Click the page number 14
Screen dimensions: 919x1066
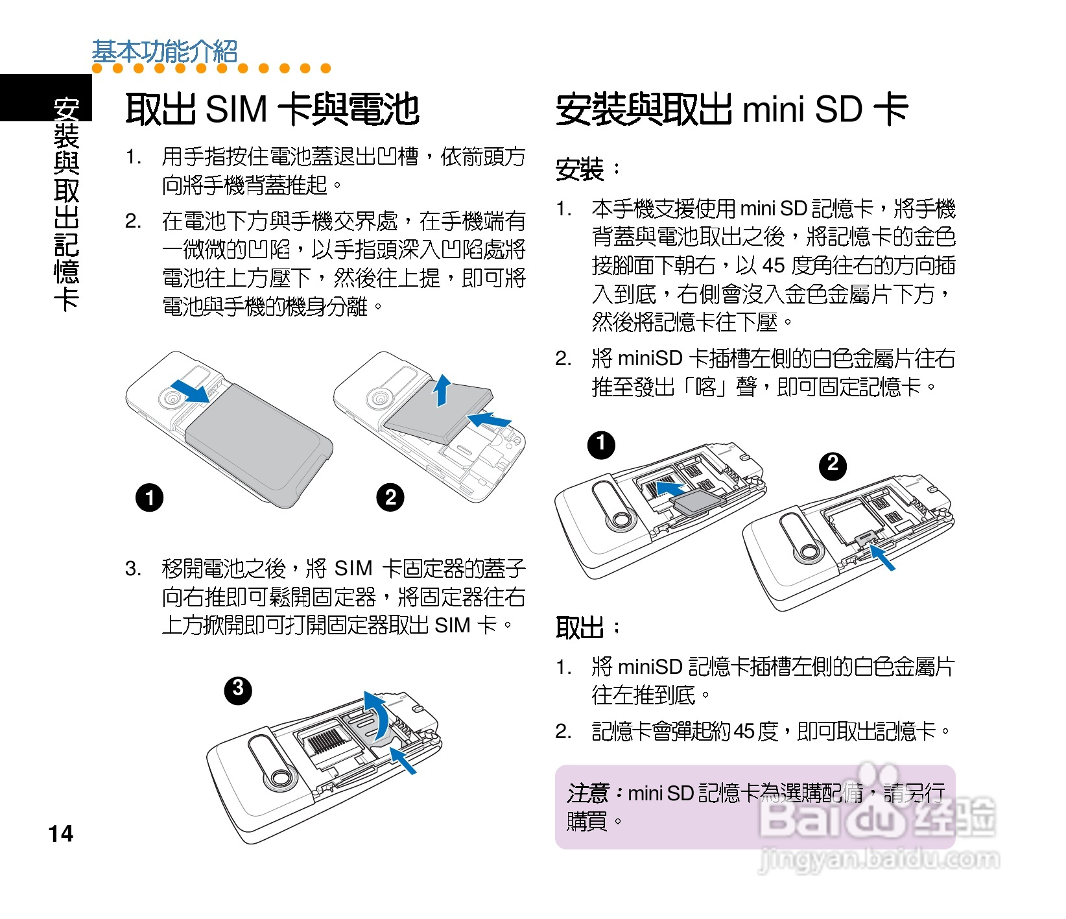61,833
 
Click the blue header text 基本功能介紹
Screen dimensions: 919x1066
165,51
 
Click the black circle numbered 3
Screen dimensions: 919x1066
238,689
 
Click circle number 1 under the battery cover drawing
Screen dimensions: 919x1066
149,498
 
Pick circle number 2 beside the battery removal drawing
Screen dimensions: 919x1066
390,498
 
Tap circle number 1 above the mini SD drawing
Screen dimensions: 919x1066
601,445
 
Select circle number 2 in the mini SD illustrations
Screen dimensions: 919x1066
833,465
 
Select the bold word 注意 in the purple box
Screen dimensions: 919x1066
587,793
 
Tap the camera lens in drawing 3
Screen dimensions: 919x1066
281,778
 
